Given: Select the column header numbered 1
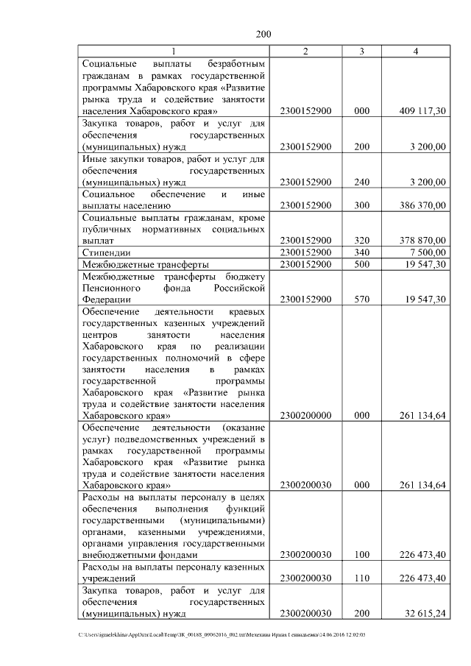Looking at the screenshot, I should [174, 51].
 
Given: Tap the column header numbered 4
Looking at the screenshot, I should [416, 51].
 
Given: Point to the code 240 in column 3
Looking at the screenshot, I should [361, 182].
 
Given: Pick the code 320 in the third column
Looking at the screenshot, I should [361, 240].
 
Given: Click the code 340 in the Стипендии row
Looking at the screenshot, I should [361, 252].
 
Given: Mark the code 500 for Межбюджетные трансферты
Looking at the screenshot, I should [361, 263].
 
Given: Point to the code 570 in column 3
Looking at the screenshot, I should [361, 299].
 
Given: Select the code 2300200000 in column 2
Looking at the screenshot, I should [306, 415].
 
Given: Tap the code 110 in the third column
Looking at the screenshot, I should [361, 578].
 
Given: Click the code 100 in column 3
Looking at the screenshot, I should [361, 555].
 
